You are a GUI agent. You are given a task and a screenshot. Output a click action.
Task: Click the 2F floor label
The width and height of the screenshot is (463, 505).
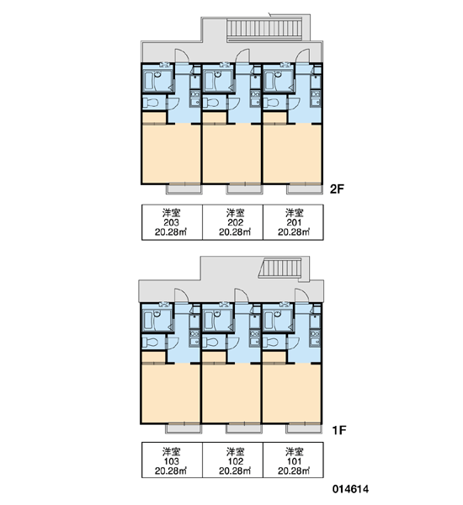point(337,189)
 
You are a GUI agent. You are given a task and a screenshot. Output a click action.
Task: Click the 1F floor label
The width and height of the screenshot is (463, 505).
point(338,430)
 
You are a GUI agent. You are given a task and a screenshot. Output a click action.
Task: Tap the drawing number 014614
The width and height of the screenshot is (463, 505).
point(350,489)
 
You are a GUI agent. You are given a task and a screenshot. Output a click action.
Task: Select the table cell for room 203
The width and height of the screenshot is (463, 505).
point(172,222)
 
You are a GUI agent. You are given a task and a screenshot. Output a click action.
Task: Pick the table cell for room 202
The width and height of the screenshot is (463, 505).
point(232,222)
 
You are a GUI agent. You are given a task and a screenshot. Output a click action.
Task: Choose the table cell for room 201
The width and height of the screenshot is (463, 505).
point(293,222)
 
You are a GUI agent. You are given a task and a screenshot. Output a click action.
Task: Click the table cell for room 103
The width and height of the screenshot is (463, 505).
point(172,460)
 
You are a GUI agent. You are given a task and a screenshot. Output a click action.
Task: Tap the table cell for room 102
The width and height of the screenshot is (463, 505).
point(232,460)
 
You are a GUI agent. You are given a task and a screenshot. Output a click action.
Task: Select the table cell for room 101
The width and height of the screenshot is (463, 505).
point(293,460)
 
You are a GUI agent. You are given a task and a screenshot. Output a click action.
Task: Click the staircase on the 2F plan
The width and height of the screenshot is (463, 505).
point(264,30)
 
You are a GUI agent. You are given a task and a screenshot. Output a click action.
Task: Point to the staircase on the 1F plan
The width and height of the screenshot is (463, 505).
point(280,268)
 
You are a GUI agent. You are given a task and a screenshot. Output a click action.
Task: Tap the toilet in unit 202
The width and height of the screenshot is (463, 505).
point(210,103)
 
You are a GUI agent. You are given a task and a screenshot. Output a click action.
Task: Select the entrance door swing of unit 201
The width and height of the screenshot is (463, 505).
point(302,56)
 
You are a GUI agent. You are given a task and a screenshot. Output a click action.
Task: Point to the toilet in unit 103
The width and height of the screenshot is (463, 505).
point(150,342)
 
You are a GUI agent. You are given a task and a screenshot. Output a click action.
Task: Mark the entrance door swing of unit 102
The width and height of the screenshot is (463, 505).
point(242,295)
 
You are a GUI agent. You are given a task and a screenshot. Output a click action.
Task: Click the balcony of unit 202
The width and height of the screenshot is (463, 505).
point(245,189)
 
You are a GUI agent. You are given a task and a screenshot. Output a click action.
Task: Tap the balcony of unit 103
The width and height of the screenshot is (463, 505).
point(184,428)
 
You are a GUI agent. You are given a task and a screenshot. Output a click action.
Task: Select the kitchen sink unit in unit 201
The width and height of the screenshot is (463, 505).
point(316,98)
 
